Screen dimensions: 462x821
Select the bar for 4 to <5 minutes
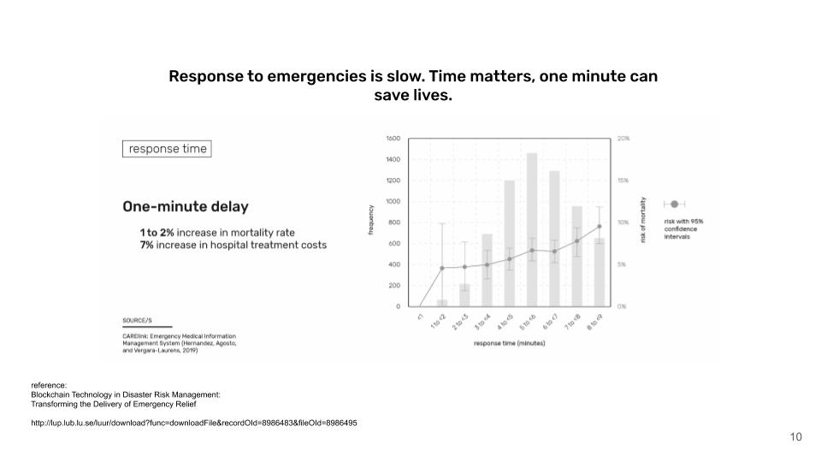tap(510, 243)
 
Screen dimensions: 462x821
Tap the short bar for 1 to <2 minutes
tap(442, 302)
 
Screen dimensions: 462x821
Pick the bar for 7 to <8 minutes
tap(577, 256)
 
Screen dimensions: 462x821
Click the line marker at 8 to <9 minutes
tap(600, 227)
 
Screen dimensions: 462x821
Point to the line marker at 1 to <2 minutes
tap(442, 268)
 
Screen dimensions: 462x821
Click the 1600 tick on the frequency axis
tap(393, 138)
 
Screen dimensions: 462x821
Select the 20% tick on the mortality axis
tap(623, 138)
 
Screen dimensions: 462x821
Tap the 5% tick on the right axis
tap(623, 264)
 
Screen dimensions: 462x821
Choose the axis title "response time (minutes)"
tap(510, 343)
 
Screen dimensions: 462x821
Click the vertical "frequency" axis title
tap(371, 221)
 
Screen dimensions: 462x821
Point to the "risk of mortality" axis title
tap(643, 221)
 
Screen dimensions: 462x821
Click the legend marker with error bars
tap(674, 204)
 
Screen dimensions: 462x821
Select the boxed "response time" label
tap(168, 149)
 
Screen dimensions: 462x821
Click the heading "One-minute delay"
tap(186, 206)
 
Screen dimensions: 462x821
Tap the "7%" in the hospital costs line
tap(147, 245)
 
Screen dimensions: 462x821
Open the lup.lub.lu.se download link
tap(193, 423)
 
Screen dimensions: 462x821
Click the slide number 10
tap(795, 437)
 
